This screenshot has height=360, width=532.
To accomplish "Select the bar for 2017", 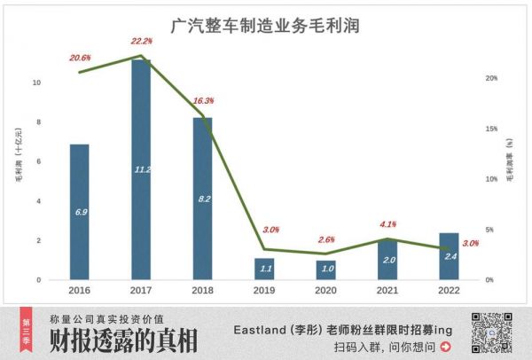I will (x=141, y=169).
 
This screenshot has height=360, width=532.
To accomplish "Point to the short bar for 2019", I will (x=264, y=269).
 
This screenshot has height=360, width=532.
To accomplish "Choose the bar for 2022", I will (x=449, y=256).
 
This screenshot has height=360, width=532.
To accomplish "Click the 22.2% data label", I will (x=142, y=41).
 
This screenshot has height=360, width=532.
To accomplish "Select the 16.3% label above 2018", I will (x=203, y=100).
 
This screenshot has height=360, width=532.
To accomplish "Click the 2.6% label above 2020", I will (x=325, y=239).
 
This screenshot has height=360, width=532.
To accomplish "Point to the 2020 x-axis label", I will (x=325, y=290).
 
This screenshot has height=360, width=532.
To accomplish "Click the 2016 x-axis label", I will (x=80, y=290).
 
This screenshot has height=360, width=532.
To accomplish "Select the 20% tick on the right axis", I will (x=490, y=78).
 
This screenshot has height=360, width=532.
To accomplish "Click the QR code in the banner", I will (x=492, y=333).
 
